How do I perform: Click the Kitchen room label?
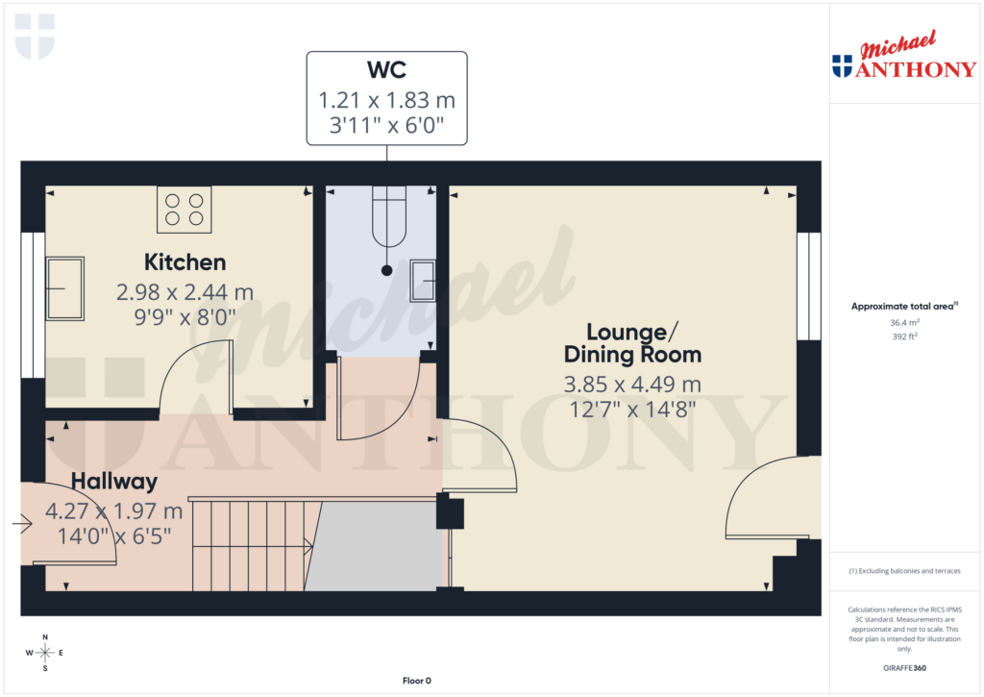[184, 261]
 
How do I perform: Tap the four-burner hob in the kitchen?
[184, 210]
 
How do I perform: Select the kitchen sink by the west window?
[65, 287]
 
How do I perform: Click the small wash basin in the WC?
[423, 282]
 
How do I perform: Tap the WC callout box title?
[386, 71]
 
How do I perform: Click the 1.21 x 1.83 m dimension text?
[386, 99]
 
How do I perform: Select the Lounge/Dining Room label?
[630, 343]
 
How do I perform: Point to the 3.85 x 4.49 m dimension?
[631, 385]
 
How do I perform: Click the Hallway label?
[113, 482]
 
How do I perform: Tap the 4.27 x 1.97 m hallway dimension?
[113, 510]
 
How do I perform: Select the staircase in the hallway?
[252, 544]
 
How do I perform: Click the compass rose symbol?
[44, 653]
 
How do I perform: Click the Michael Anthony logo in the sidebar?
[902, 57]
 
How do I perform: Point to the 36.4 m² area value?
[904, 323]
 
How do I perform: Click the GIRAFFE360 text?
[904, 667]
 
